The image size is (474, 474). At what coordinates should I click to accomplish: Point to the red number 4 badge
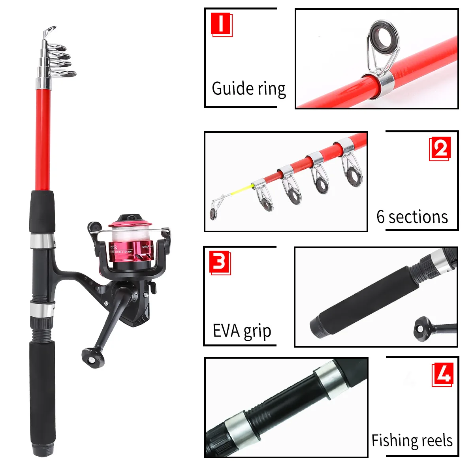click(442, 374)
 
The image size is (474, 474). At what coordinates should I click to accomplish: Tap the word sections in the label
click(418, 217)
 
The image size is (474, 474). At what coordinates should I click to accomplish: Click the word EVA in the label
click(226, 331)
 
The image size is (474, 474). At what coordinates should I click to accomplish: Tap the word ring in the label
click(272, 89)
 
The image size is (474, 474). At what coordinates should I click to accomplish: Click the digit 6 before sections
click(380, 217)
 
